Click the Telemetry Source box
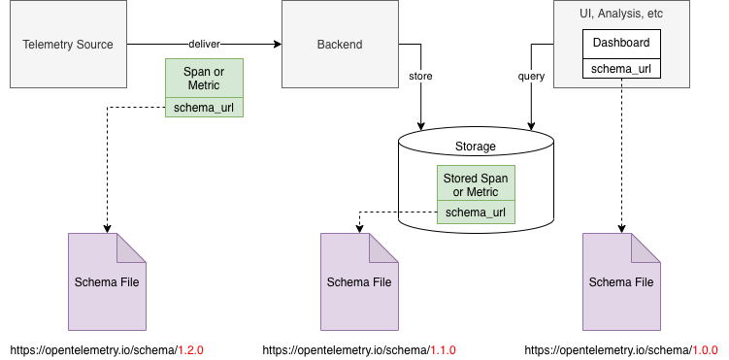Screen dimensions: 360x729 [68, 45]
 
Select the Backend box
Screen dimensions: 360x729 [340, 45]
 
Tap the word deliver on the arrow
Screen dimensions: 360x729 [204, 45]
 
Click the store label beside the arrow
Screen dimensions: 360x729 [420, 75]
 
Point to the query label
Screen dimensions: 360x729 [531, 75]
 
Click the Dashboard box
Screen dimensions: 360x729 [621, 44]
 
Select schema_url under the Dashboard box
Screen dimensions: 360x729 [621, 69]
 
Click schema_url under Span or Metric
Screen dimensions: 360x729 [204, 108]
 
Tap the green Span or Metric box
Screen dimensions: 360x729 [204, 79]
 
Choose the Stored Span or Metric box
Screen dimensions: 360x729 [476, 184]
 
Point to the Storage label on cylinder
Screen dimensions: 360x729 [476, 147]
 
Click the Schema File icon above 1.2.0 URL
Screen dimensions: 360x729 [107, 282]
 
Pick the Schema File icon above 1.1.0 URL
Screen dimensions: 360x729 [359, 282]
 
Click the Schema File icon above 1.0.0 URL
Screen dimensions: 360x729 [621, 282]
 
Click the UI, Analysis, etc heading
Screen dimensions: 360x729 [621, 15]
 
